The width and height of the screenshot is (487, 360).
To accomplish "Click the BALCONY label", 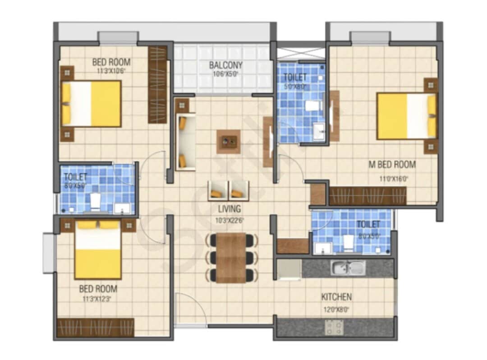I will click(x=226, y=65).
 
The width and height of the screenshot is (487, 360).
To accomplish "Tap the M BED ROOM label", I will click(x=392, y=165).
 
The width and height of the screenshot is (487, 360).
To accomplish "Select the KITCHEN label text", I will click(x=336, y=297).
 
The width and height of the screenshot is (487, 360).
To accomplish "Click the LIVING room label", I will click(x=230, y=209).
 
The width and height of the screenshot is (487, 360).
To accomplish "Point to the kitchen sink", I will click(x=348, y=268).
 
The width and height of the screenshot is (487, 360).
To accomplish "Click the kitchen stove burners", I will click(x=334, y=328).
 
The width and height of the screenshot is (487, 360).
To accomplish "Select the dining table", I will click(x=231, y=258).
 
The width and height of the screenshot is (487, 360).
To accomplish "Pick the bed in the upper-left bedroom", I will click(x=92, y=104).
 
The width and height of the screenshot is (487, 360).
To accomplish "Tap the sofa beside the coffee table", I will click(x=185, y=142).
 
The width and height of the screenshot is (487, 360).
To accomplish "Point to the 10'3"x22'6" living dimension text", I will click(x=230, y=221).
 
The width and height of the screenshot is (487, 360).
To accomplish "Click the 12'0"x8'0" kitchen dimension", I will click(x=336, y=309).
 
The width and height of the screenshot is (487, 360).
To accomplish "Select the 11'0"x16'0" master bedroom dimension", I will click(x=394, y=179).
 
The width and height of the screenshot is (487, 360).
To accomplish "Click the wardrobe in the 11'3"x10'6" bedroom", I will click(x=157, y=84).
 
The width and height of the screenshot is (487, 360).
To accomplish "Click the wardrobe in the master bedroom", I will click(x=368, y=196).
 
